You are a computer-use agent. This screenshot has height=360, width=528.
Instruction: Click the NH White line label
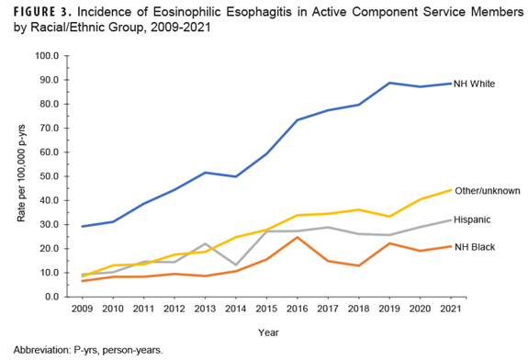tap(475, 84)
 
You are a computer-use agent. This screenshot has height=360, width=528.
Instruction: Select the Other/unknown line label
tap(488, 190)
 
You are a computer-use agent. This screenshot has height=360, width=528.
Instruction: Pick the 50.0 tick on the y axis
tap(48, 176)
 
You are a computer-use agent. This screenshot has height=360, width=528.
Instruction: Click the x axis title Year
tap(268, 332)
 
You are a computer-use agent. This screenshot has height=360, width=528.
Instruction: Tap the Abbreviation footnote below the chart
tap(87, 350)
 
